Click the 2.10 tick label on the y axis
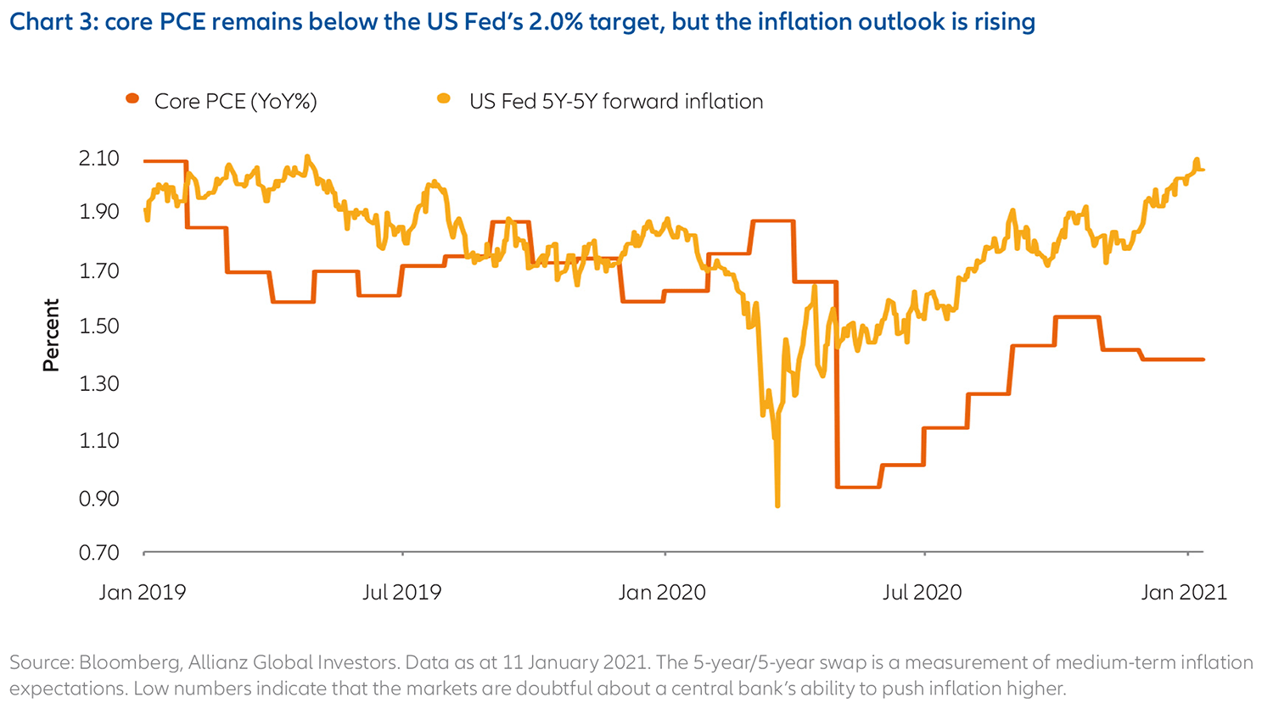(x=99, y=159)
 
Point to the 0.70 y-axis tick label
(x=99, y=553)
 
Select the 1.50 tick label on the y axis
(x=99, y=326)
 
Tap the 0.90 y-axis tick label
(x=99, y=499)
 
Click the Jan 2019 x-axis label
(x=142, y=592)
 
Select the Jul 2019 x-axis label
(x=401, y=592)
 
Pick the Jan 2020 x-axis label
(x=662, y=592)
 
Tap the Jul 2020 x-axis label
(x=922, y=592)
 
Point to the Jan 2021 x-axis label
(x=1184, y=592)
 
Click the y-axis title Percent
(x=52, y=335)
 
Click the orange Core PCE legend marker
(x=132, y=99)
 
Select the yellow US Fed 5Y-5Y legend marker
(x=444, y=99)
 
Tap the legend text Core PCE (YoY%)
(x=235, y=102)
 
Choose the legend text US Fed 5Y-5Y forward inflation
(x=616, y=102)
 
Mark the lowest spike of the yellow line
(x=777, y=505)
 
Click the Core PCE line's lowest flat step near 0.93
(x=858, y=487)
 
